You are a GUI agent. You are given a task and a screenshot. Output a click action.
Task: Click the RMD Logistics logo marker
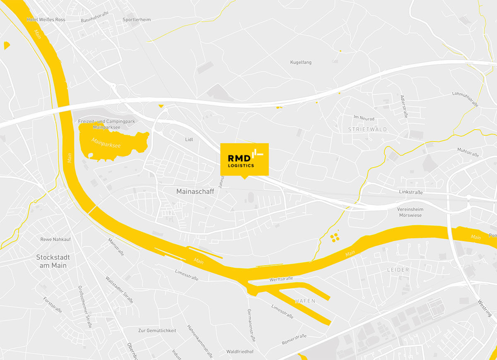pos(244,159)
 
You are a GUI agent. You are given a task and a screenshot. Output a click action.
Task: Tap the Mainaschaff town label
pos(195,192)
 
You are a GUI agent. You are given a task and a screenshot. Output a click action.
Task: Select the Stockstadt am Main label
pos(53,261)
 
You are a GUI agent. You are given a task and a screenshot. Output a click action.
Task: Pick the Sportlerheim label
pos(137,19)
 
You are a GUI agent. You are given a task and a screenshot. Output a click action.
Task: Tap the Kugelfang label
pos(301,62)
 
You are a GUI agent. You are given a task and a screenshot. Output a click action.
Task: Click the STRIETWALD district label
pos(368,130)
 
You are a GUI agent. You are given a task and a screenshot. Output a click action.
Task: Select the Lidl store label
pos(189,140)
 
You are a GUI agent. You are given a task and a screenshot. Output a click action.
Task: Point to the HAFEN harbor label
pos(305,301)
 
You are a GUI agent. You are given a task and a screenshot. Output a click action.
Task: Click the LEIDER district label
pos(398,270)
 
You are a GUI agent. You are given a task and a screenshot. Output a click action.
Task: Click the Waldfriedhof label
pos(240,352)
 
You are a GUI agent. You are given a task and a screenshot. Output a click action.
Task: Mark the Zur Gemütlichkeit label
pos(157,331)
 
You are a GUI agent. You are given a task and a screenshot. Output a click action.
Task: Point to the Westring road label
pos(485,308)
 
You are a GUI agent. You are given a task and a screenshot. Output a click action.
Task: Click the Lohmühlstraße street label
pos(466,99)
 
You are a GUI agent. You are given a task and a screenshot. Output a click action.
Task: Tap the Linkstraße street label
pos(411,192)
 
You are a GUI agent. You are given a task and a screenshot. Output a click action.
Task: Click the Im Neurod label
pos(364,119)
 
